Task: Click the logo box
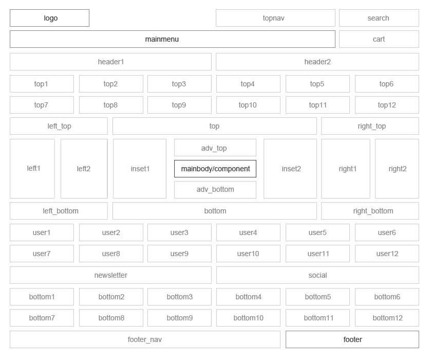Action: point(49,18)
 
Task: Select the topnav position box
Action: point(275,18)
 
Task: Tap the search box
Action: point(379,18)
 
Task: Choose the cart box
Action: point(379,39)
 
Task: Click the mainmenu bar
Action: point(173,39)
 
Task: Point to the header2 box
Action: point(317,62)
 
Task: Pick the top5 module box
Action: point(318,84)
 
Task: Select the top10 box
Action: point(248,105)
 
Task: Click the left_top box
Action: point(59,126)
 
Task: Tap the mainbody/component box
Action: point(215,169)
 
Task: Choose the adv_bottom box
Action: point(215,190)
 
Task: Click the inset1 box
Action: point(140,169)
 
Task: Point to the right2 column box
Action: point(397,169)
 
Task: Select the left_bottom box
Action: point(59,211)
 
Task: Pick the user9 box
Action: point(179,254)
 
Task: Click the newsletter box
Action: point(111,275)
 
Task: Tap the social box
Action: point(318,275)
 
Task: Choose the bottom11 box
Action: point(318,318)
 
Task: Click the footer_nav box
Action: point(145,339)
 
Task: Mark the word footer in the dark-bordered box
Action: point(353,339)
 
